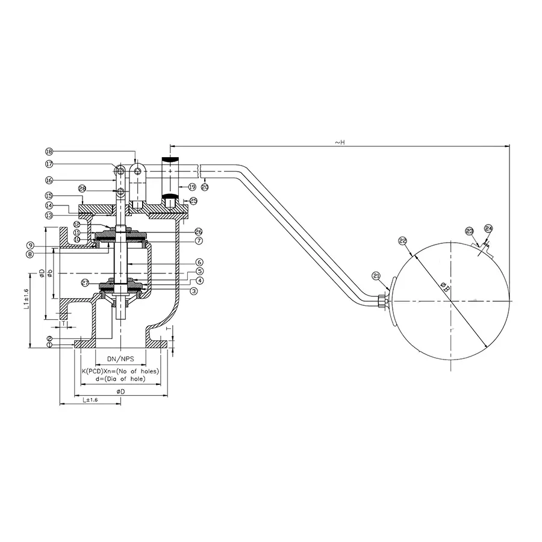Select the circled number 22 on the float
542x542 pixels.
pos(403,241)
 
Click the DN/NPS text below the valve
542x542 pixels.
pos(122,358)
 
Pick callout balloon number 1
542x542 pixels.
pos(49,344)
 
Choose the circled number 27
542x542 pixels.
pos(86,282)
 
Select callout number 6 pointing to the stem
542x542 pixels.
pos(198,262)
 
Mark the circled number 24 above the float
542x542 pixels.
pos(488,229)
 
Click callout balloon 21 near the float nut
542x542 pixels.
pos(377,276)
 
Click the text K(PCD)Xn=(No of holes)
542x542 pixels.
pos(120,371)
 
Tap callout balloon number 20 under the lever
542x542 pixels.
pos(205,187)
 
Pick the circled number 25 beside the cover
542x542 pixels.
pos(193,201)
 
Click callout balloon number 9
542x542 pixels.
pos(29,245)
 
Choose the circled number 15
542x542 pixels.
pos(49,195)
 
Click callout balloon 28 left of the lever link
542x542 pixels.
pos(83,188)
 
